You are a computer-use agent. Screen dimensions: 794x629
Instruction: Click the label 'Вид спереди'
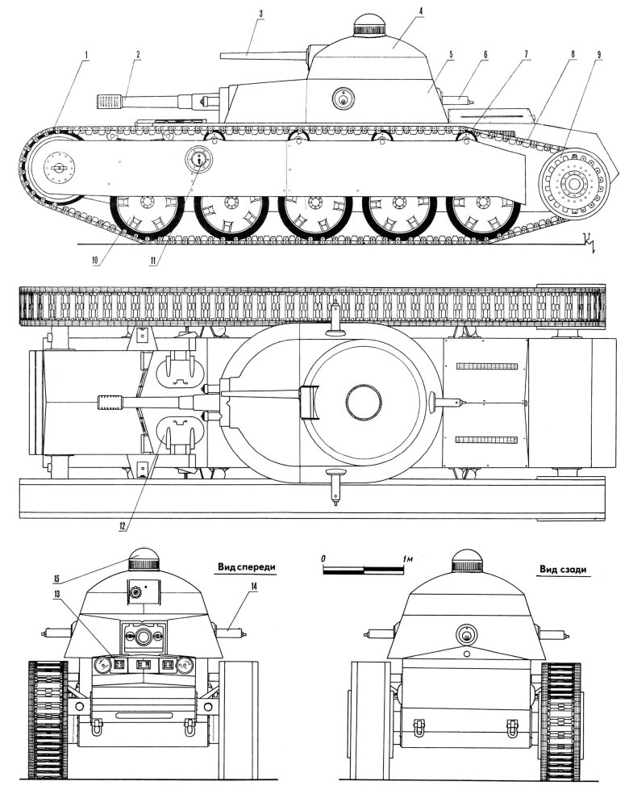[x=246, y=568]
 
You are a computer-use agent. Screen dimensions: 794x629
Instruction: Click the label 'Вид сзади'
[x=562, y=568]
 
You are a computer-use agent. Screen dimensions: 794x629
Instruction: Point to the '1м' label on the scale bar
[x=408, y=558]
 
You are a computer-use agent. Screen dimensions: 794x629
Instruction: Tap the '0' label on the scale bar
[x=323, y=558]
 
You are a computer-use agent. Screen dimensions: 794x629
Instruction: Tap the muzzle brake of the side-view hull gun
[x=108, y=102]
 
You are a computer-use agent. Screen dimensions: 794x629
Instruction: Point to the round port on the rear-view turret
[x=466, y=632]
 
